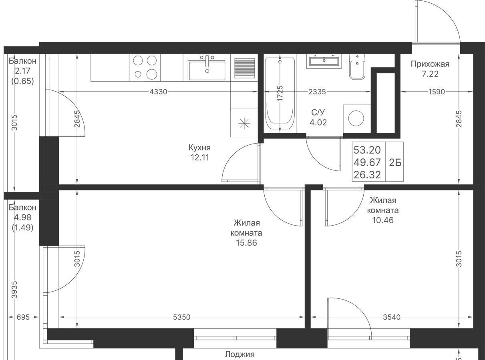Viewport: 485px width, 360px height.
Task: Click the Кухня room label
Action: click(199, 148)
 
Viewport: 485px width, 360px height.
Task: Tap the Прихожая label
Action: click(430, 64)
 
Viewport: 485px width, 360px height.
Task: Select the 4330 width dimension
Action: click(158, 92)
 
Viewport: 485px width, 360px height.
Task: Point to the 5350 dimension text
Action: click(182, 317)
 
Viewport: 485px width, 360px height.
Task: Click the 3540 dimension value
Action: click(392, 317)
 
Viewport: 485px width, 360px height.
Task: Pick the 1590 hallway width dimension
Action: click(437, 92)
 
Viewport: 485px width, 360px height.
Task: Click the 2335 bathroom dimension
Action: click(317, 92)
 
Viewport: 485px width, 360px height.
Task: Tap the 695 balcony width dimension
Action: click(23, 317)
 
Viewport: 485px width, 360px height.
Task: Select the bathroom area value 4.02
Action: click(318, 122)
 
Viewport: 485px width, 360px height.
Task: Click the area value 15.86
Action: click(246, 243)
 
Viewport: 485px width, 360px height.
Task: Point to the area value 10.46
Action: click(383, 220)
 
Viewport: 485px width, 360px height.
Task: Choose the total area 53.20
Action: click(367, 150)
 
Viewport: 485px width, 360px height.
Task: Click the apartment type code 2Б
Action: click(395, 163)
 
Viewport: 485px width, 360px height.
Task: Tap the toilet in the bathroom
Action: click(357, 67)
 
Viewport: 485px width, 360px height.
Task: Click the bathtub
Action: click(280, 93)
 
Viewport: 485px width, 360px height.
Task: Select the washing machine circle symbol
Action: click(356, 118)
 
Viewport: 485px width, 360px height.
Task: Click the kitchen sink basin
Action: click(207, 71)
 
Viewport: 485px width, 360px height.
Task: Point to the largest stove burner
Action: click(152, 74)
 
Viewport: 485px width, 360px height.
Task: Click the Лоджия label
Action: click(239, 354)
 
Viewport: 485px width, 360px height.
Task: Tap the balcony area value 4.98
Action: click(22, 218)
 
